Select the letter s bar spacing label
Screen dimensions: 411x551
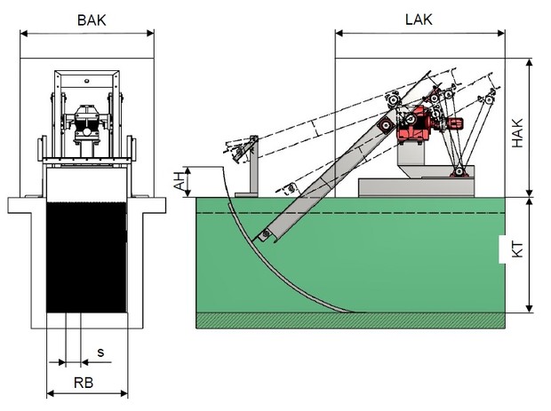(x=100, y=352)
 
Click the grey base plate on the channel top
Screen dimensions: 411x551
(x=414, y=186)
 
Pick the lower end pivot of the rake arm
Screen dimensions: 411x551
(x=264, y=233)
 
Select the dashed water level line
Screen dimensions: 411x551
(x=355, y=214)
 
